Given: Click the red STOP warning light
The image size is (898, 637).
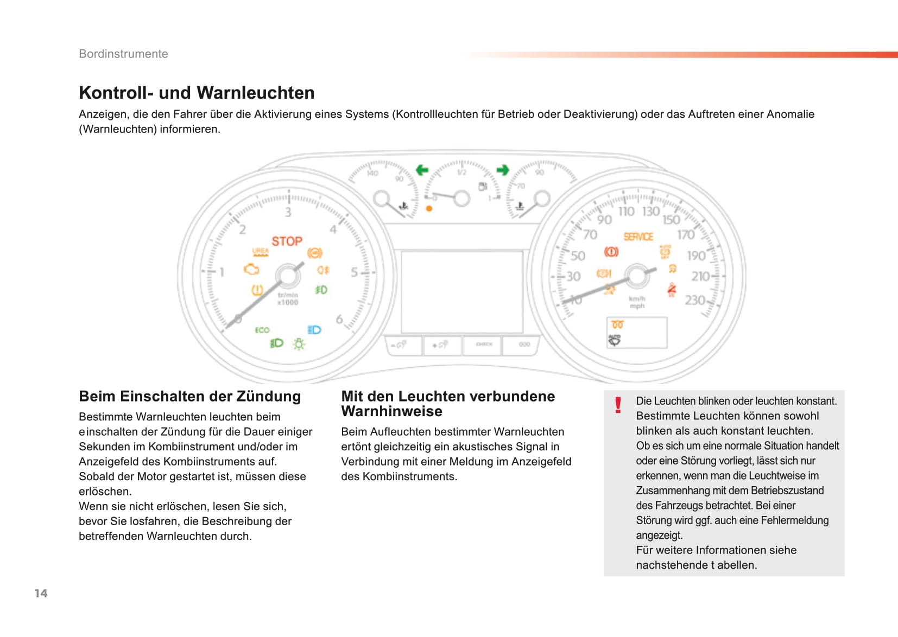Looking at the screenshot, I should tap(287, 241).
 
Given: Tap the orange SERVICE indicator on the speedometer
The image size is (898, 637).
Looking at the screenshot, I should tap(638, 237).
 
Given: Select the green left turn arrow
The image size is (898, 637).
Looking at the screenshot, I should tap(422, 170).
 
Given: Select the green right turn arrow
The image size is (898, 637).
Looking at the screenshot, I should tap(503, 170).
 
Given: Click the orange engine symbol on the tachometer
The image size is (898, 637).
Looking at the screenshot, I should tap(251, 269).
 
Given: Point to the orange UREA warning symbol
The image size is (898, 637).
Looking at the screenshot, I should tap(261, 252).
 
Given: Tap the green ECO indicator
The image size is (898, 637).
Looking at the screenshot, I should tap(262, 330).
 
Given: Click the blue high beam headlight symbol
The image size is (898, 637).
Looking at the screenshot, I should tap(314, 330).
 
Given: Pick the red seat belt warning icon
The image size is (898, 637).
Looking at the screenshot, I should tap(672, 290).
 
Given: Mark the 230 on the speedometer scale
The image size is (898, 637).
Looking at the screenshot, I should tap(695, 300).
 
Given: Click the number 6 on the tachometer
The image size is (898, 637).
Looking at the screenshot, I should tap(339, 319).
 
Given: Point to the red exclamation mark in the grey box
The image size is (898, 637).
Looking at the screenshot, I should tap(618, 405).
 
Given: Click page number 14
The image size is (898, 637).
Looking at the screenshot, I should tap(41, 593).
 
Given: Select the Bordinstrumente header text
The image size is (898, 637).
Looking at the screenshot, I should tap(123, 54).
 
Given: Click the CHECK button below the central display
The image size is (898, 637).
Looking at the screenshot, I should tap(484, 344).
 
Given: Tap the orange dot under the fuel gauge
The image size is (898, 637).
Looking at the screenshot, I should tap(429, 208).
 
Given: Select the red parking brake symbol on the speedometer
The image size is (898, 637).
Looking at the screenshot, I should tap(611, 252).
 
